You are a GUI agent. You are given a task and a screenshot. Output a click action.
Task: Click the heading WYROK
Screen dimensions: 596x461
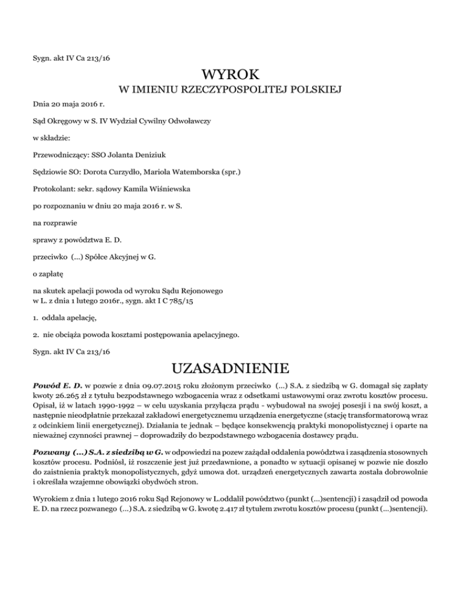pos(230,76)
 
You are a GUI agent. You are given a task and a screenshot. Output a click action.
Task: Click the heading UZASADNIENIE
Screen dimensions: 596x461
pos(230,366)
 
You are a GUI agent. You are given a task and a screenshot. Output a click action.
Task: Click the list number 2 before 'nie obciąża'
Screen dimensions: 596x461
pos(36,332)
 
